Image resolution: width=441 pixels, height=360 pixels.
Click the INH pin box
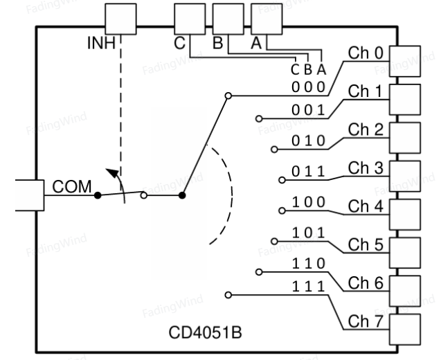pyautogui.click(x=120, y=19)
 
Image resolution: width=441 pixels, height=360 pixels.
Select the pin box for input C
pyautogui.click(x=190, y=19)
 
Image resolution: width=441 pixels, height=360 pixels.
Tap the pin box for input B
pyautogui.click(x=228, y=19)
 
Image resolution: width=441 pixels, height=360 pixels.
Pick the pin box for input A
pyautogui.click(x=267, y=19)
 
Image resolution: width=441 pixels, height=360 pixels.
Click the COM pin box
pyautogui.click(x=30, y=195)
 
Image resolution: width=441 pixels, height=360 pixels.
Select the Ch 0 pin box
pyautogui.click(x=405, y=61)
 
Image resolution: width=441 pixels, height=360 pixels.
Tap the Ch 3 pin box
pyautogui.click(x=405, y=176)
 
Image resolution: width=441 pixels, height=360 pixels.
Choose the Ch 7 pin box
pyautogui.click(x=405, y=330)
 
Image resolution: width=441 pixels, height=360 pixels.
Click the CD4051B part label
pyautogui.click(x=205, y=332)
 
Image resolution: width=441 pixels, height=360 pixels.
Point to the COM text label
pyautogui.click(x=72, y=186)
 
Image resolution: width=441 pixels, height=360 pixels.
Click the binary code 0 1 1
pyautogui.click(x=308, y=171)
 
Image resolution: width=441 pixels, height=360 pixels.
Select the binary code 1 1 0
pyautogui.click(x=309, y=264)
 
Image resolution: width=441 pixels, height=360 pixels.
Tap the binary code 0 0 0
pyautogui.click(x=308, y=87)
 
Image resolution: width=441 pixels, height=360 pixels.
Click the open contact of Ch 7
pyautogui.click(x=228, y=295)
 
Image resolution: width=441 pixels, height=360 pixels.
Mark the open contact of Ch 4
pyautogui.click(x=282, y=210)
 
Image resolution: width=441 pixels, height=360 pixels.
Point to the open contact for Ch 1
pyautogui.click(x=259, y=118)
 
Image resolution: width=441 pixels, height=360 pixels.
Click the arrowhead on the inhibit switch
pyautogui.click(x=112, y=172)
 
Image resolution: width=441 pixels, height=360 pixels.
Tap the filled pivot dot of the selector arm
pyautogui.click(x=182, y=195)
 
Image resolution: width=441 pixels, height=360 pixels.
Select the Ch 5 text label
pyautogui.click(x=366, y=244)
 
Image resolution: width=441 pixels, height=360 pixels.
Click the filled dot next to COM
pyautogui.click(x=98, y=195)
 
